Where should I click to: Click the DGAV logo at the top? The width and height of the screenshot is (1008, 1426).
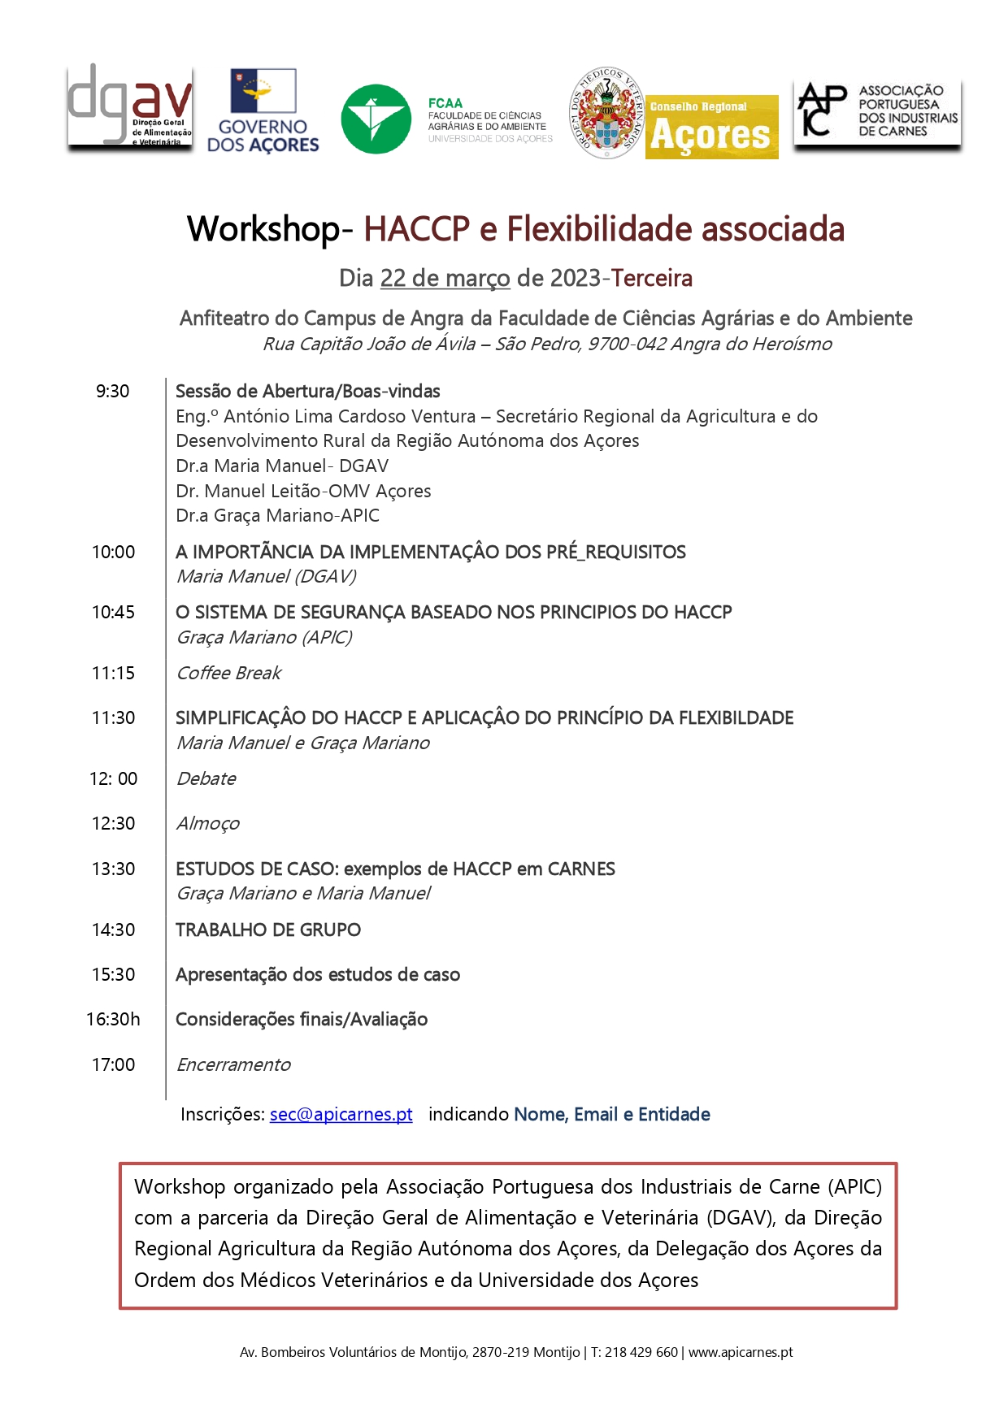pyautogui.click(x=130, y=107)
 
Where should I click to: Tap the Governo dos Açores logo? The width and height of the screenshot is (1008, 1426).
pyautogui.click(x=263, y=111)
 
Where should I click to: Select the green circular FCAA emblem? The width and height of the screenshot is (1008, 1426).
pyautogui.click(x=376, y=119)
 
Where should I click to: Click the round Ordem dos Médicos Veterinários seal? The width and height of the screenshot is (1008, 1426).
pyautogui.click(x=606, y=113)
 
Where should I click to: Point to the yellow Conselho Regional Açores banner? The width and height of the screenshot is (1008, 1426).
pyautogui.click(x=711, y=127)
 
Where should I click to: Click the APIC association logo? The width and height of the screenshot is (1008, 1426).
pyautogui.click(x=877, y=111)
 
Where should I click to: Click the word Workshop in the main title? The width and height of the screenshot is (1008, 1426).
pyautogui.click(x=263, y=229)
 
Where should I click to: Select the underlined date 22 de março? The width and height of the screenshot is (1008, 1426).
pyautogui.click(x=445, y=279)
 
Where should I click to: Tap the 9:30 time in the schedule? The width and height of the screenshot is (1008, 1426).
pyautogui.click(x=112, y=392)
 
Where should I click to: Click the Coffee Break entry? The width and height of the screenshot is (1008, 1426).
pyautogui.click(x=228, y=674)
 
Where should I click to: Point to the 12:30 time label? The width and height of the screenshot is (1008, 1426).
pyautogui.click(x=113, y=824)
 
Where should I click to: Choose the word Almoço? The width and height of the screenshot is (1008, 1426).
pyautogui.click(x=208, y=824)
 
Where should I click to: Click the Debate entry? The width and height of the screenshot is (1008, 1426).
pyautogui.click(x=206, y=779)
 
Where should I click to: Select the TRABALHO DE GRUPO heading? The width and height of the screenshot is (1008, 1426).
pyautogui.click(x=268, y=930)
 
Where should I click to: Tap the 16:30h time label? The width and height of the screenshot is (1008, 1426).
pyautogui.click(x=113, y=1020)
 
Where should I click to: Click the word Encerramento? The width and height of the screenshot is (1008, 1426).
pyautogui.click(x=233, y=1065)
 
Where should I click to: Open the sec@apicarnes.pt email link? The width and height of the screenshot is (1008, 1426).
pyautogui.click(x=341, y=1115)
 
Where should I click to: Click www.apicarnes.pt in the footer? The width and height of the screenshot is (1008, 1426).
pyautogui.click(x=741, y=1353)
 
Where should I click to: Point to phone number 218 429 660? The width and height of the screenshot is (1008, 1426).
pyautogui.click(x=641, y=1353)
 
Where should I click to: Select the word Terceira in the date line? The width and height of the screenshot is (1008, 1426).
pyautogui.click(x=652, y=279)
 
